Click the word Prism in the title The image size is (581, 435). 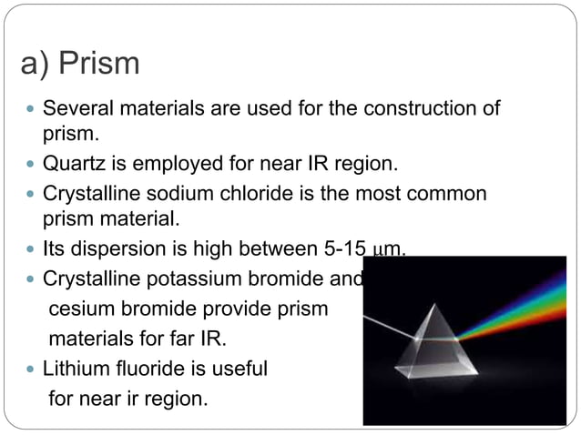coord(98,65)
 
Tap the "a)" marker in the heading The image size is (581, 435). coord(36,65)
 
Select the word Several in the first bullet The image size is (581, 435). coord(76,109)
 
